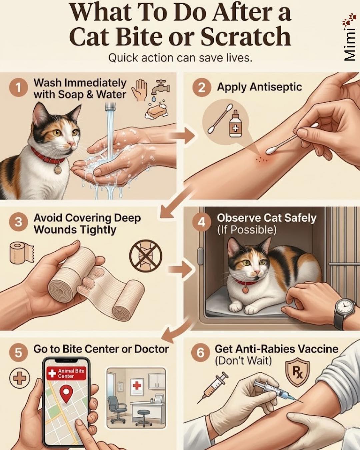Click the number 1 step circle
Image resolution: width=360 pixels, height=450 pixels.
pyautogui.click(x=18, y=88)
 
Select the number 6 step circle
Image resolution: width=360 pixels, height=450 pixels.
pyautogui.click(x=200, y=353)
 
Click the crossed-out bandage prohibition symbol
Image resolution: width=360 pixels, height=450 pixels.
pyautogui.click(x=146, y=256)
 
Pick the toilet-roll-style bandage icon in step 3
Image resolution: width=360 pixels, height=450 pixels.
pyautogui.click(x=22, y=252)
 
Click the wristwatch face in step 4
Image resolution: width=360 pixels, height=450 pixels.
pyautogui.click(x=345, y=309)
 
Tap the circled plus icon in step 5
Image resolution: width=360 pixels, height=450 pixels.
pyautogui.click(x=20, y=378)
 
